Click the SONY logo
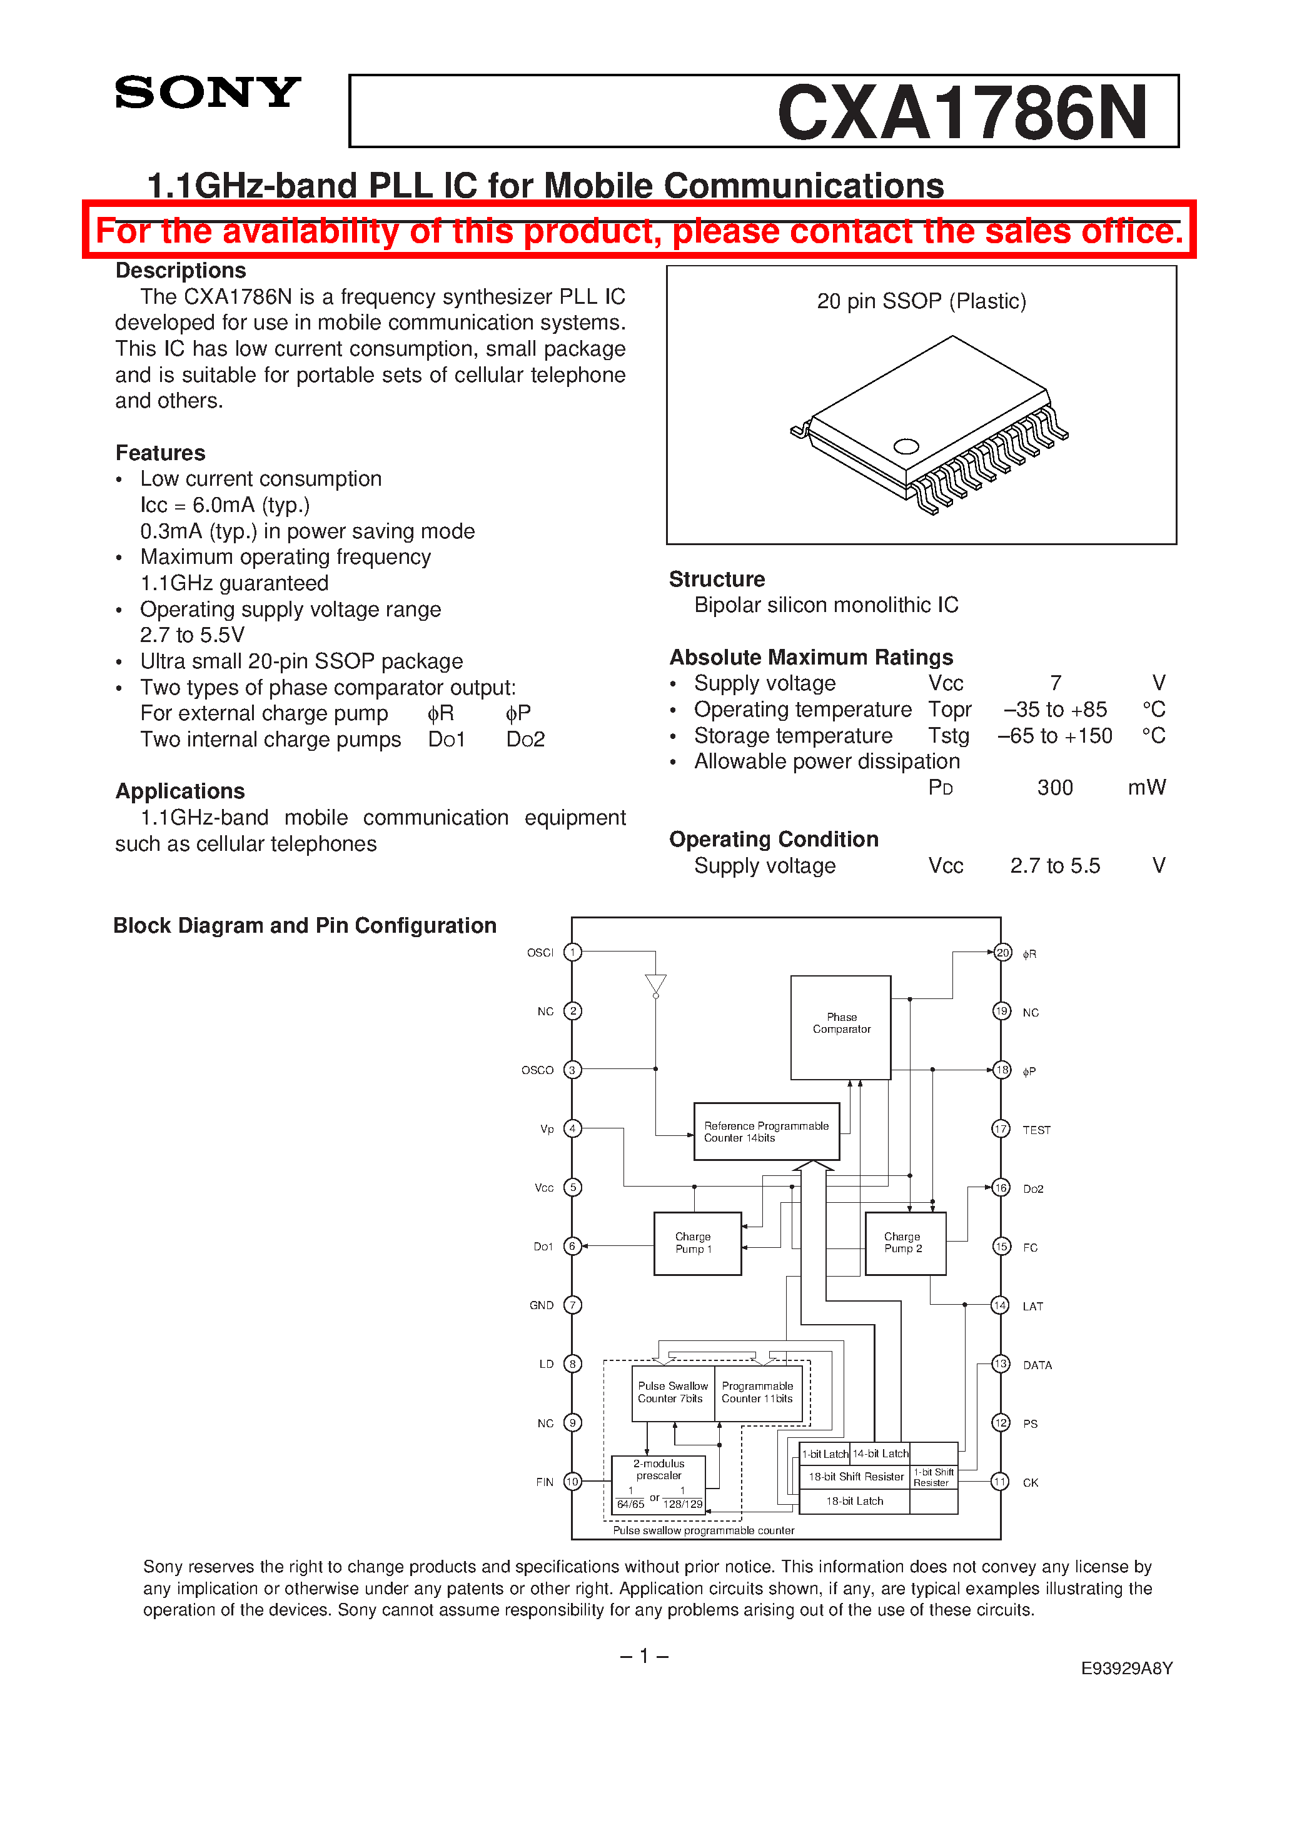tap(208, 93)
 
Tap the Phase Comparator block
tap(840, 1027)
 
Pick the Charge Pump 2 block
tap(905, 1243)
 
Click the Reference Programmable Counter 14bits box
tap(766, 1132)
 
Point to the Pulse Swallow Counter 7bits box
tap(672, 1392)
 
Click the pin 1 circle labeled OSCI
tap(572, 952)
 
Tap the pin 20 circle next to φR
tap(1002, 953)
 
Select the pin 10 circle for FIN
tap(572, 1482)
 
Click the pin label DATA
tap(1037, 1365)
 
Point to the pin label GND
tap(542, 1305)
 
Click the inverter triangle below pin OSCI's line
tap(655, 984)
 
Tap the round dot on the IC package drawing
tap(906, 446)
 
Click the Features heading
tap(160, 453)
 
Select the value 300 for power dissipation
tap(1054, 788)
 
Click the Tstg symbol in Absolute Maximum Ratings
tap(948, 736)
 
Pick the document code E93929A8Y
tap(1126, 1668)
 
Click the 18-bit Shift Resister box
tap(855, 1477)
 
